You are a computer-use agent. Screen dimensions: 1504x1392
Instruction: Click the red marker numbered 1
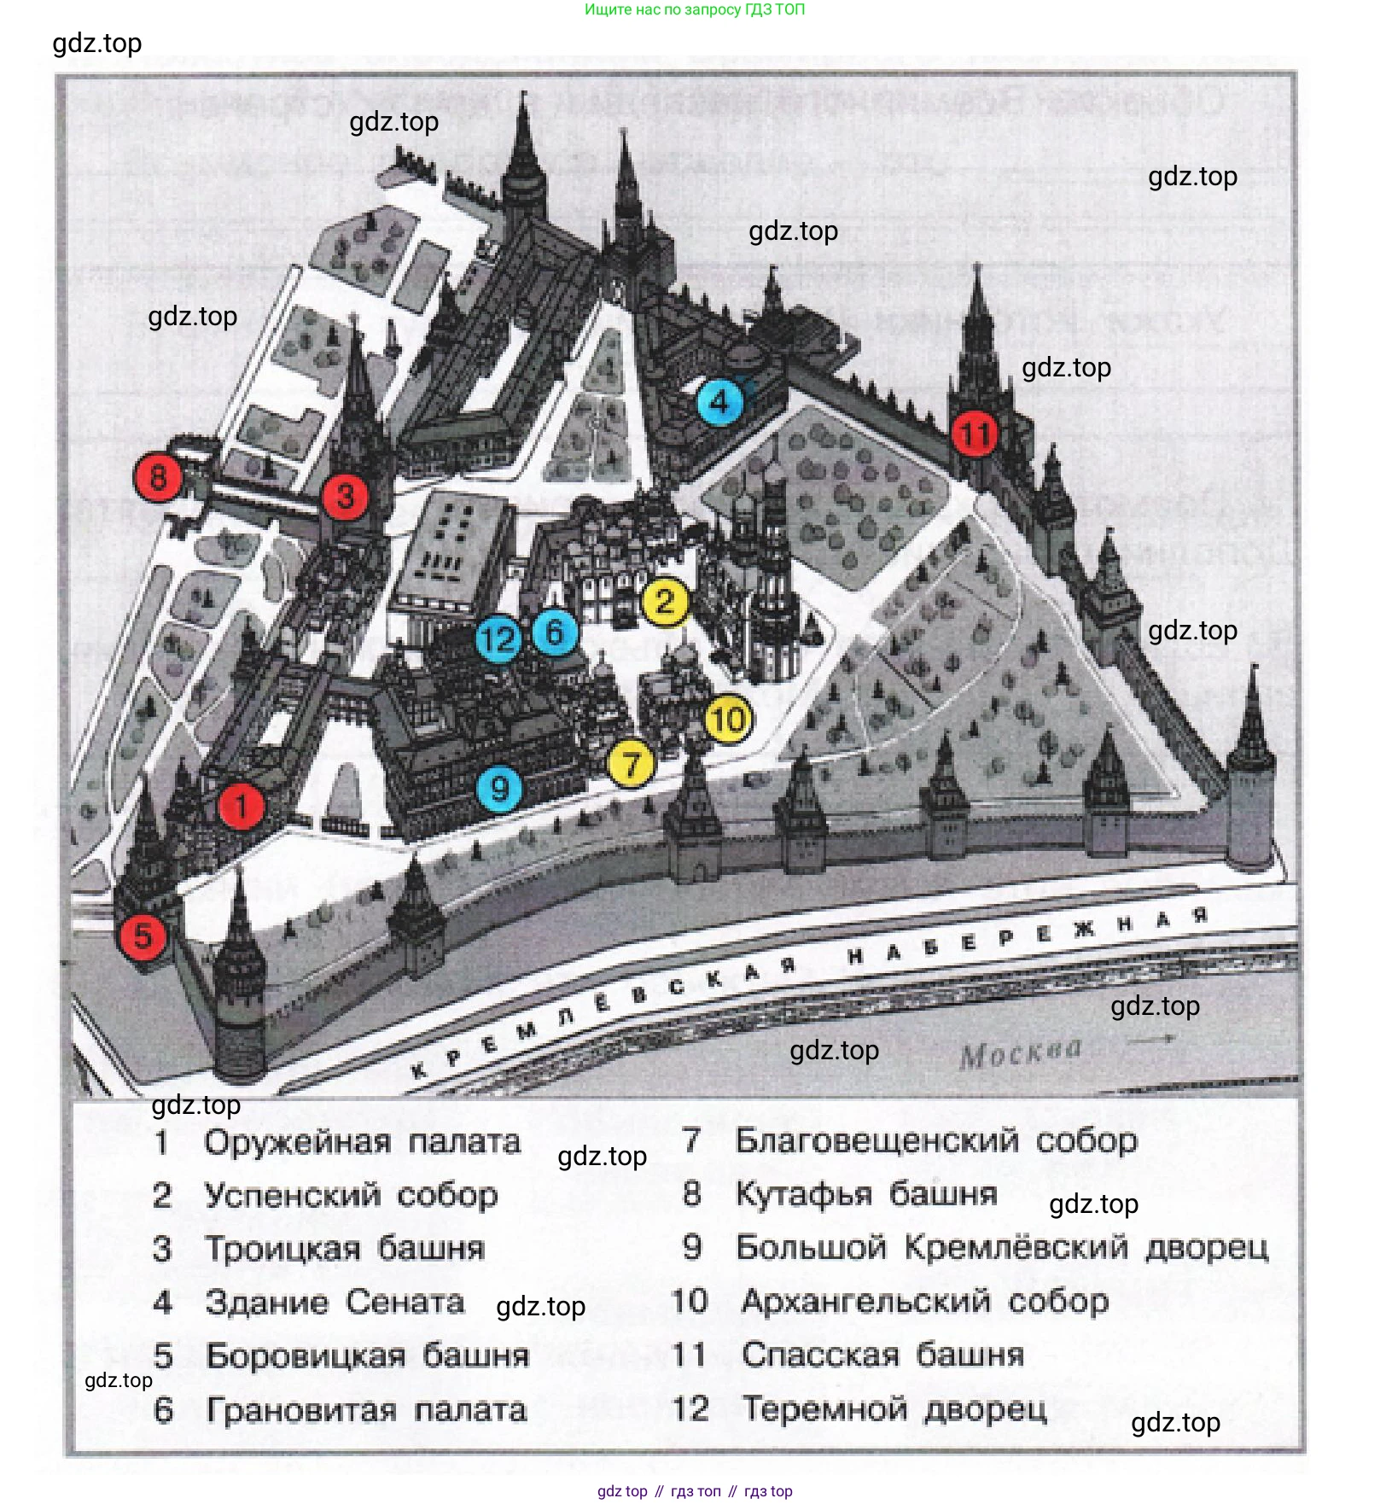tap(242, 806)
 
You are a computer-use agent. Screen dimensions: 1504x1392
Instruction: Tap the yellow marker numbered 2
tap(665, 602)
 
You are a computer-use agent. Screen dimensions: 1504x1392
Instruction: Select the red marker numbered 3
tap(345, 496)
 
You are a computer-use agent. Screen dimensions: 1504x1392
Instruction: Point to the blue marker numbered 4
tap(719, 401)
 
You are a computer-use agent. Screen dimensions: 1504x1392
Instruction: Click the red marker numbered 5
tap(143, 936)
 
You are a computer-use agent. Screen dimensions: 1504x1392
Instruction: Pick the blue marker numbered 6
tap(555, 632)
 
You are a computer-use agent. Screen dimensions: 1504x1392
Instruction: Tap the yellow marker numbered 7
tap(631, 763)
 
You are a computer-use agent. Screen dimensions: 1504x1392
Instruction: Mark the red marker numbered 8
tap(158, 476)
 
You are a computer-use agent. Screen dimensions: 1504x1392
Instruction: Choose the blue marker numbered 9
tap(499, 788)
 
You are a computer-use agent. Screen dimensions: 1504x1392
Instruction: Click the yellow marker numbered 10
tap(728, 720)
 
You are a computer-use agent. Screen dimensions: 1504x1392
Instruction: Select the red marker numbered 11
tap(975, 434)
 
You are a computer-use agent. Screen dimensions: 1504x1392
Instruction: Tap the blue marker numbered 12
tap(498, 638)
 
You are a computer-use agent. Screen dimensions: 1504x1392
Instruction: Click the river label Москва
tap(1020, 1054)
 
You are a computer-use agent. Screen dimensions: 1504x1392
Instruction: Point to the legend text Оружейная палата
tap(362, 1142)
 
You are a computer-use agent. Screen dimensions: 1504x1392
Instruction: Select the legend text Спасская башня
tap(882, 1355)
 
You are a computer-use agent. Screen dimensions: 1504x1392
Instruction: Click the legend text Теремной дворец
tap(894, 1408)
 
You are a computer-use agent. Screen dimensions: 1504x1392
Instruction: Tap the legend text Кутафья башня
tap(866, 1193)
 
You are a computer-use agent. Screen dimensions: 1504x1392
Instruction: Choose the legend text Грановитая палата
tap(366, 1410)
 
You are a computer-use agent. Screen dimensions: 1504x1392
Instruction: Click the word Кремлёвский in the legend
tap(1016, 1247)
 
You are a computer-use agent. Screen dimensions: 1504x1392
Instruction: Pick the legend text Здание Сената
tap(335, 1303)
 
